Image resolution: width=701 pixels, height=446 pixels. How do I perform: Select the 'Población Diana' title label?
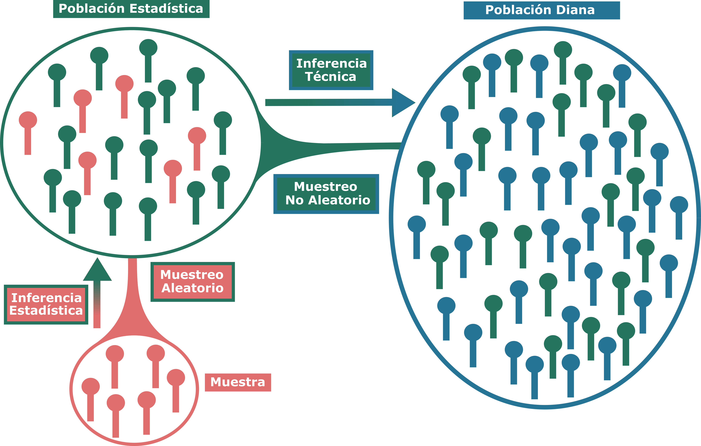pyautogui.click(x=542, y=10)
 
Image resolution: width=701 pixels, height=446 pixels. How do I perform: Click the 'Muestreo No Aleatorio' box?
pyautogui.click(x=326, y=194)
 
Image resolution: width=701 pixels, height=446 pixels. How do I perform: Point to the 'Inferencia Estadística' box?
pyautogui.click(x=46, y=304)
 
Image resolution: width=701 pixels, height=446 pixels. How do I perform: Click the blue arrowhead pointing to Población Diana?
pyautogui.click(x=402, y=103)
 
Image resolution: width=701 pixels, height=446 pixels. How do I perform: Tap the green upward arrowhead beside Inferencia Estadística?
pyautogui.click(x=97, y=271)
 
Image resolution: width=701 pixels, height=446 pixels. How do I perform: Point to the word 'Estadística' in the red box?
pyautogui.click(x=46, y=310)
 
